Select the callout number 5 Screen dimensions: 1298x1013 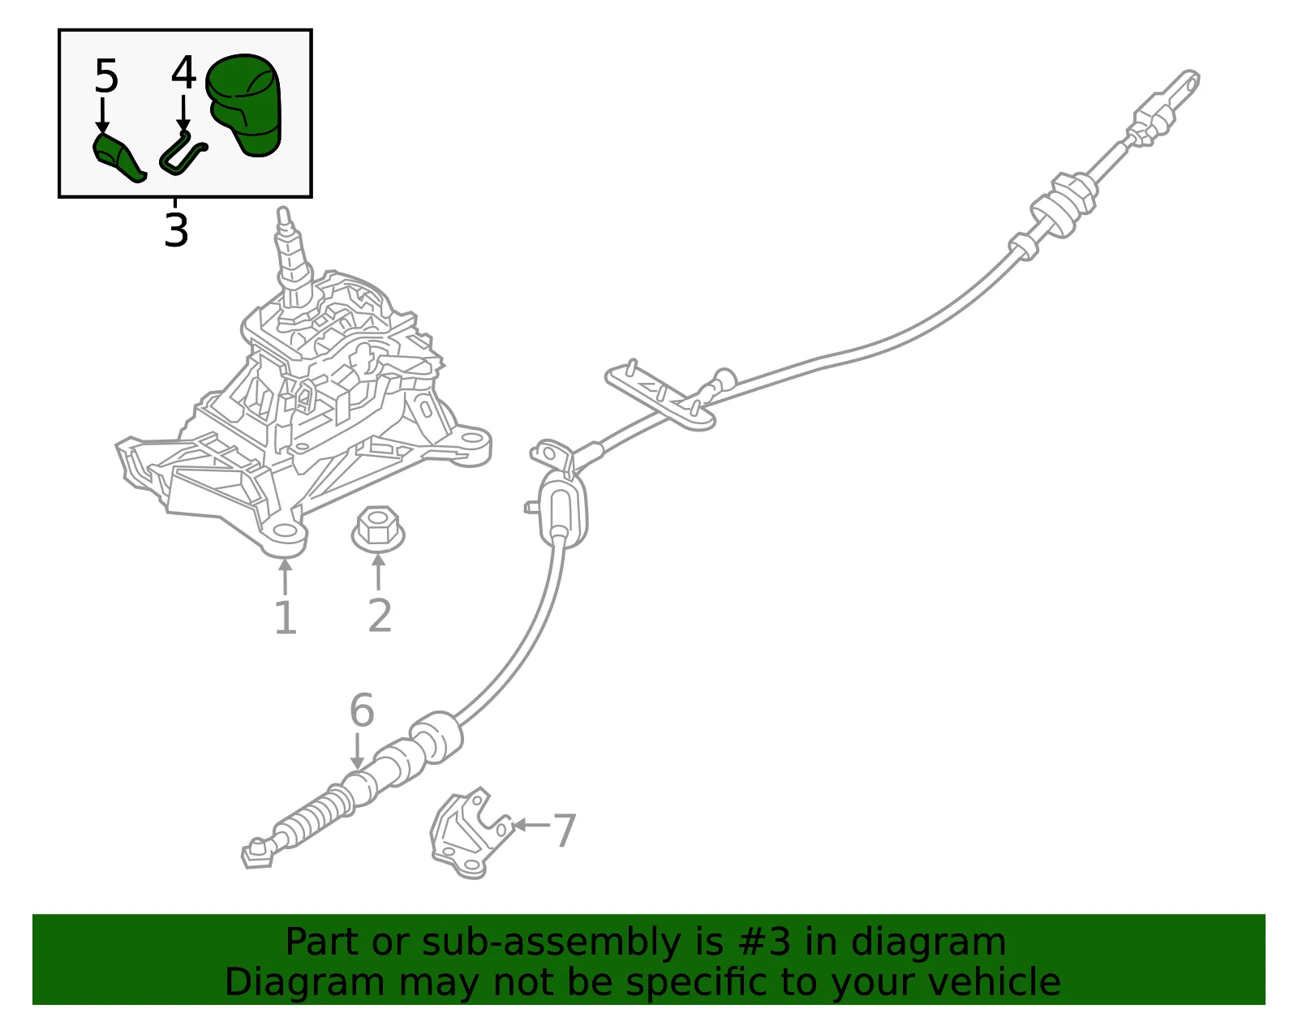pos(106,76)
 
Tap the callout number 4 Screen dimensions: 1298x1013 pos(183,73)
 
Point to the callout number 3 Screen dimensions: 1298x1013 pos(176,230)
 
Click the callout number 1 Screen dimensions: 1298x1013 pos(286,619)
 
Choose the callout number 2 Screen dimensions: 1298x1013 pos(380,616)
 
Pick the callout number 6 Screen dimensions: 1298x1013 pos(361,710)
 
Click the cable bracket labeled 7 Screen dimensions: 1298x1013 pos(472,834)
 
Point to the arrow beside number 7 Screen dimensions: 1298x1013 pos(531,825)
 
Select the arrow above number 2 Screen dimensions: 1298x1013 pos(378,572)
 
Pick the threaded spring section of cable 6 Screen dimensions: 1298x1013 pos(312,818)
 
